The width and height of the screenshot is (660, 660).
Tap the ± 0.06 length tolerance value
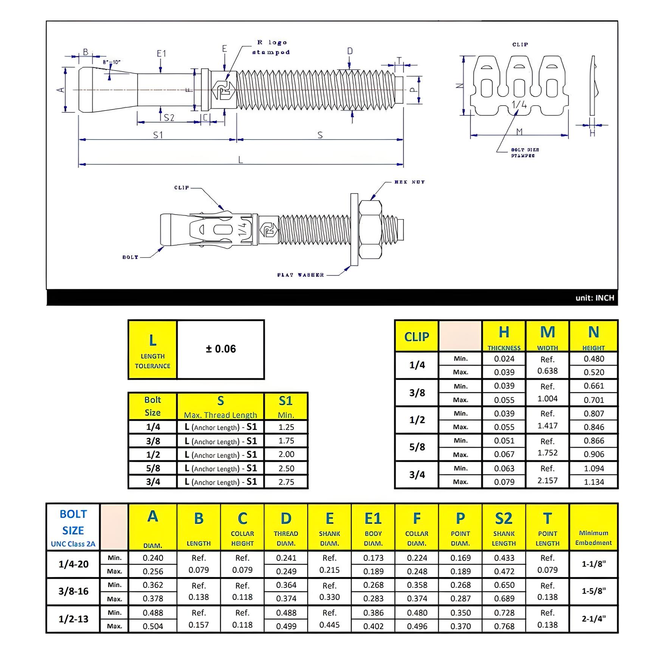pos(221,349)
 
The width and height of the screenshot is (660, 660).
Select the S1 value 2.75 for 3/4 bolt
pos(286,482)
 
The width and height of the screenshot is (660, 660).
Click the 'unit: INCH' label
pos(595,298)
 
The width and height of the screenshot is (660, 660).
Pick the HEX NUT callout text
pos(410,182)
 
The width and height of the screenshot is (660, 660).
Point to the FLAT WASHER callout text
pos(301,275)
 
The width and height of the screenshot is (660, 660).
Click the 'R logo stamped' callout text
pos(271,48)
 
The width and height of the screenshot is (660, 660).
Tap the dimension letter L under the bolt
pos(240,160)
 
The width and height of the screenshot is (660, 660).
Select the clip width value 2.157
pos(547,480)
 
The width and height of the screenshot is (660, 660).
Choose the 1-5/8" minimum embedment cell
pos(593,591)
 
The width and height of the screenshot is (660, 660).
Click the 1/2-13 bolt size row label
pos(74,619)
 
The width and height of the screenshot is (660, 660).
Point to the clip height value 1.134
pos(594,482)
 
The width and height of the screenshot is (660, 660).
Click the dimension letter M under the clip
pos(519,132)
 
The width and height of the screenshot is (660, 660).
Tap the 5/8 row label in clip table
pos(417,447)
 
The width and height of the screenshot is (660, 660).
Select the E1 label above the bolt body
pos(161,54)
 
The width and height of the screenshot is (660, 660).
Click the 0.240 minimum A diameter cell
pos(153,558)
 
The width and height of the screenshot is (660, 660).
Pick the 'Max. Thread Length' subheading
pos(220,415)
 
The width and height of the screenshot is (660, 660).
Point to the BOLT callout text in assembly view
pos(130,257)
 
